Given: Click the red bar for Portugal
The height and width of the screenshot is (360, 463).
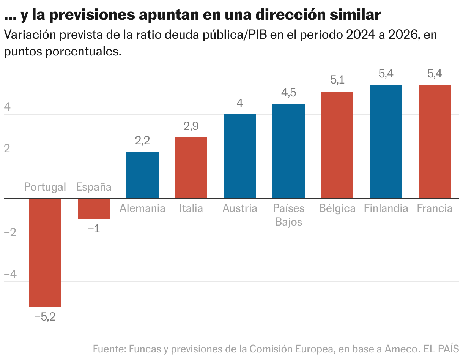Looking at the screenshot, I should coord(45,252).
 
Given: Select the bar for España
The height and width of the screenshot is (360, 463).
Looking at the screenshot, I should coord(94,208).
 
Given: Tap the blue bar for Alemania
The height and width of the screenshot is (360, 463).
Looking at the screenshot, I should coord(142,175).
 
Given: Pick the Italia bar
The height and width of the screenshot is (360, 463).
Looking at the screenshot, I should coord(191,168).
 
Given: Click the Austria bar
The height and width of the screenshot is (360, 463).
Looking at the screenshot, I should coord(240,156).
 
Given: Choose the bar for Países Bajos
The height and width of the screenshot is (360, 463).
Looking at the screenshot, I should coord(288,151).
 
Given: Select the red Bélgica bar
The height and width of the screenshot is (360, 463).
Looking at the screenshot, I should coord(337,145).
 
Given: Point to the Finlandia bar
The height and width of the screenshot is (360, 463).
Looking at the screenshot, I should coord(386,142).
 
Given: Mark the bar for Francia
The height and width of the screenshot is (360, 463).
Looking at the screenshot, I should coord(435,142).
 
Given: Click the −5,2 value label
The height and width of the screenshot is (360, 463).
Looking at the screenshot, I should coord(45,317).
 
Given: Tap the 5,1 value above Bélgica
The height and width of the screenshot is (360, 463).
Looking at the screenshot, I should coord(337,80).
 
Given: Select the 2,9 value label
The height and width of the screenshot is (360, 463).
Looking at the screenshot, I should coord(191,126).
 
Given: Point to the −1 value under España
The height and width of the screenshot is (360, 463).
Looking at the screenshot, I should coord(94,229).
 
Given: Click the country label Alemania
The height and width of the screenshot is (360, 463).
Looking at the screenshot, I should coord(142,208).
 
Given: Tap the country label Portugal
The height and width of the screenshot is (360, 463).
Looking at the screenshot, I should coord(45,187).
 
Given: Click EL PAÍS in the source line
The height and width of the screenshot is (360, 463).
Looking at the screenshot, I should coord(441,349).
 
